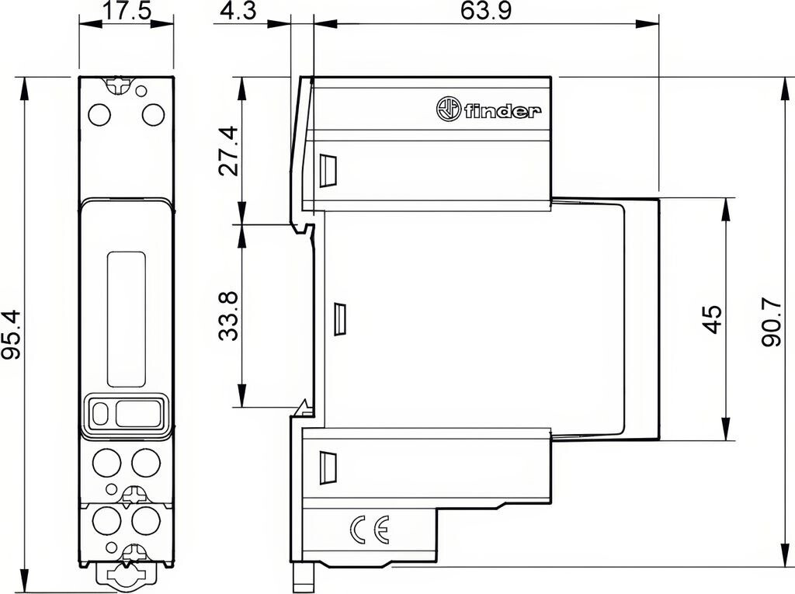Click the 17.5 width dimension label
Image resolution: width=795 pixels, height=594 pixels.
pos(127,10)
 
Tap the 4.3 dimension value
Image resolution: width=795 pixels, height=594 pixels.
pos(239,10)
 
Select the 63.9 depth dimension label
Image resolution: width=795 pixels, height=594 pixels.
pos(486,10)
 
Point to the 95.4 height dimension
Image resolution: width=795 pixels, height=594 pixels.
pos(11,335)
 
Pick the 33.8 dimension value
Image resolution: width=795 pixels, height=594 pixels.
pos(228,315)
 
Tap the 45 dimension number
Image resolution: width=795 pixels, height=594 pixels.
pos(713,319)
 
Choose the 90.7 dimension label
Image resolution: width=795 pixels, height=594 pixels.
pos(771,321)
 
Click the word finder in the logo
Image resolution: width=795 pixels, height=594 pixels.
pos(502,111)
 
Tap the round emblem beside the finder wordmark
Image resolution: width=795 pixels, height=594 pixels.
pos(449,109)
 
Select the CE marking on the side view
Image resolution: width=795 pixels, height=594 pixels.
pos(370,530)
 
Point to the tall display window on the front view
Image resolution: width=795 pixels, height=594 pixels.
pos(127,321)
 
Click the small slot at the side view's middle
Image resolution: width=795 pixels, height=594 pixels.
pos(339,319)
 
